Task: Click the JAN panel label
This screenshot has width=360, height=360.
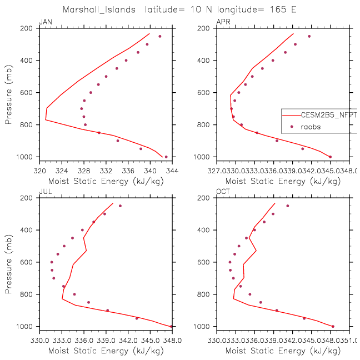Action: coord(45,22)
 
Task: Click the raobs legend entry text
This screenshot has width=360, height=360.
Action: coord(311,127)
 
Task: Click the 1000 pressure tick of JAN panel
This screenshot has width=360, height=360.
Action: coord(27,157)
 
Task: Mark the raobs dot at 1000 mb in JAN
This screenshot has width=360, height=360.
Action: coord(166,157)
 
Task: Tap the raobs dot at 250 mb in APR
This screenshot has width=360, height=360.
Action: coord(309,36)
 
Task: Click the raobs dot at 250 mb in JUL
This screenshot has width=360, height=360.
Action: coord(120,206)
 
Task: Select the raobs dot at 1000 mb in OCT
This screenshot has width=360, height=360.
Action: coord(333,326)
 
